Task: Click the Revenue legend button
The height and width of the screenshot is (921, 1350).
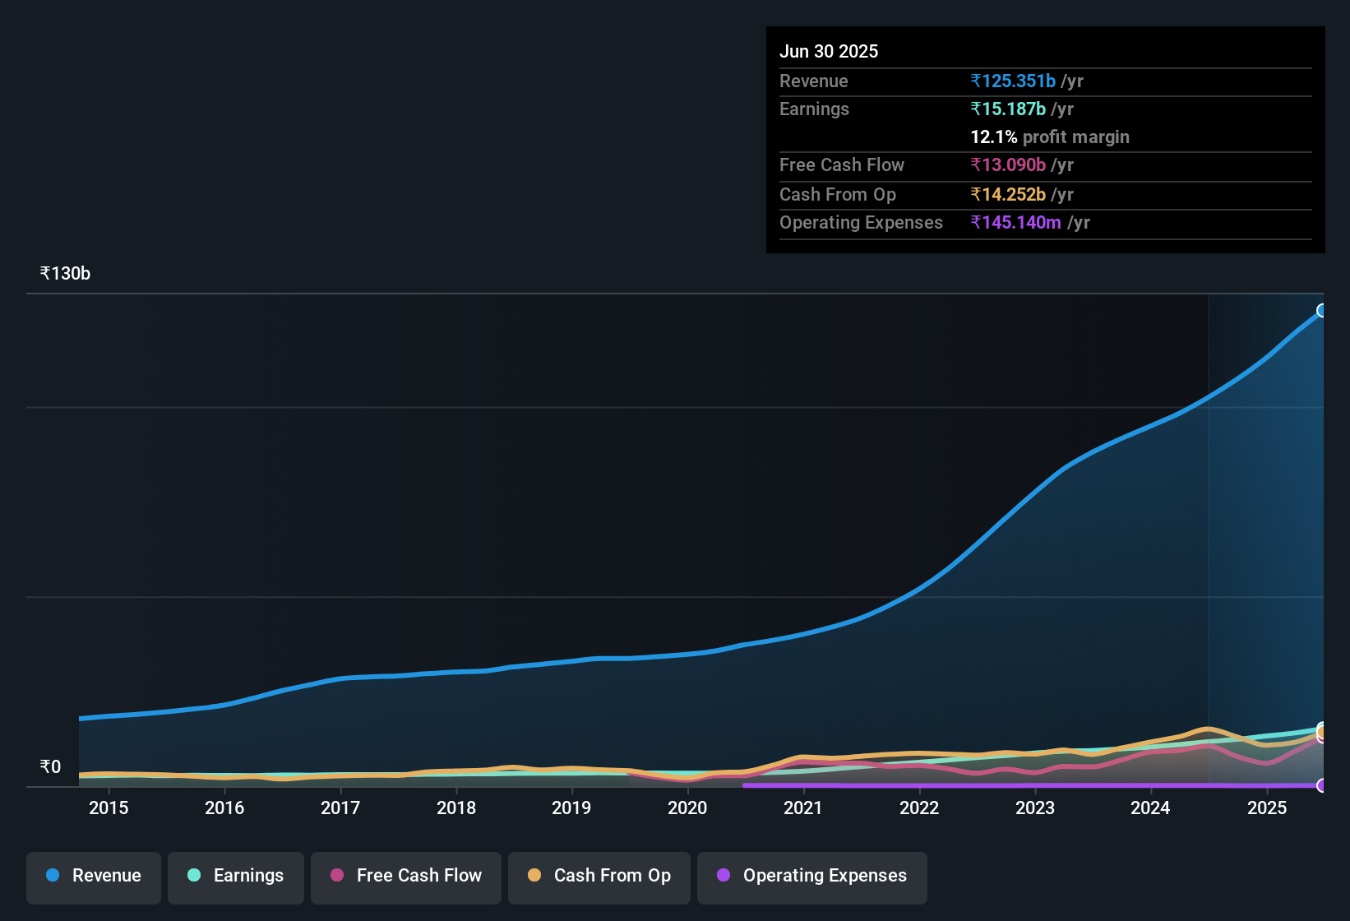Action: [94, 876]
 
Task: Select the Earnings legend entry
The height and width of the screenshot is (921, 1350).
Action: [236, 876]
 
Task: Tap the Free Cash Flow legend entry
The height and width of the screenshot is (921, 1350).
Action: [406, 876]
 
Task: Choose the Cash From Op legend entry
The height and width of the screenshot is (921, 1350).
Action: [599, 876]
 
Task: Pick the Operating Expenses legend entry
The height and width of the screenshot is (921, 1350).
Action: [812, 876]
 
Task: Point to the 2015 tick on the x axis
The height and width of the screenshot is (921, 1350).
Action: [109, 808]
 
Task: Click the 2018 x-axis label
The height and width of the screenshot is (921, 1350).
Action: [456, 808]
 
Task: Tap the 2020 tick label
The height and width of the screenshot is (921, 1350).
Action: [687, 808]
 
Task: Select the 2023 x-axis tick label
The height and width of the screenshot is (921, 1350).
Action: [1035, 808]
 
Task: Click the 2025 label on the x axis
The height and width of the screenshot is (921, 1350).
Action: [1267, 808]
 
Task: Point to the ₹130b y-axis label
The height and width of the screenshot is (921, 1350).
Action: [65, 274]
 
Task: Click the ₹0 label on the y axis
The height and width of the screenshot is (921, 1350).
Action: [51, 767]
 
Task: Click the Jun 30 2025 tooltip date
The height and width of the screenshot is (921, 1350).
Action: [829, 51]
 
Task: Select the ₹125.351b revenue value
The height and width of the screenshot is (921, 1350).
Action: [1013, 81]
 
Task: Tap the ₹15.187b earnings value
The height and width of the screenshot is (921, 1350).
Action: [1008, 109]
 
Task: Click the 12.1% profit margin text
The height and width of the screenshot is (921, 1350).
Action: [1050, 137]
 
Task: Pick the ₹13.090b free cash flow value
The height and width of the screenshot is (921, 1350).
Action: [1008, 164]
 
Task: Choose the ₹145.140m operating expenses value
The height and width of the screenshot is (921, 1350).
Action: [1016, 222]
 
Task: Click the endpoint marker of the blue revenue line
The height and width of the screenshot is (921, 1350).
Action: [1322, 310]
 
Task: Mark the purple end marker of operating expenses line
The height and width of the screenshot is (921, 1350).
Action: [1322, 785]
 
